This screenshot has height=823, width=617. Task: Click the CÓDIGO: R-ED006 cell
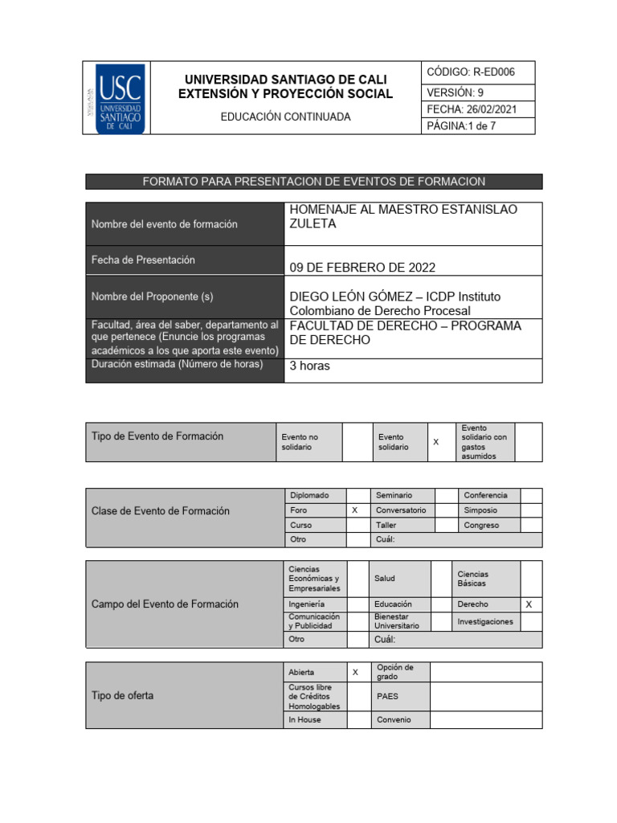pos(477,72)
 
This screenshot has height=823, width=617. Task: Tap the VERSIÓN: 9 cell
pos(477,92)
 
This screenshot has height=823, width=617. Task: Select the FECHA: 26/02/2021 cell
pos(477,109)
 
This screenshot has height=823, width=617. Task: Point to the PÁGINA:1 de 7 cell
pos(477,126)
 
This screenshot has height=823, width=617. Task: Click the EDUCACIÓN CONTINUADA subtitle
pos(285,117)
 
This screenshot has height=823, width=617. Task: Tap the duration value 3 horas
pos(309,366)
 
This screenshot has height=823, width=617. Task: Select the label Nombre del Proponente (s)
pos(153,297)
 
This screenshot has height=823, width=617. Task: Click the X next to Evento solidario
pos(436,442)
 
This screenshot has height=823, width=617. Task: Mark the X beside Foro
pos(354,510)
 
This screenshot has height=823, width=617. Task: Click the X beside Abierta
pos(354,672)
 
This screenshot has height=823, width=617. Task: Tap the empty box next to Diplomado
pos(358,496)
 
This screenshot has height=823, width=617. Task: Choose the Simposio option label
pos(480,510)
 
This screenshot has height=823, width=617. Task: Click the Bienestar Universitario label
pos(397,621)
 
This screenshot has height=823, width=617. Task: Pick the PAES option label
pos(387,697)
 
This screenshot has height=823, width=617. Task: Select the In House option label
pos(304,720)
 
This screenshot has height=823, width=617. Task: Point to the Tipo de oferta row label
pos(123,695)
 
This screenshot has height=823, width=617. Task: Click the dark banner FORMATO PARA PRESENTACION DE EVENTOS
pos(313,182)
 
